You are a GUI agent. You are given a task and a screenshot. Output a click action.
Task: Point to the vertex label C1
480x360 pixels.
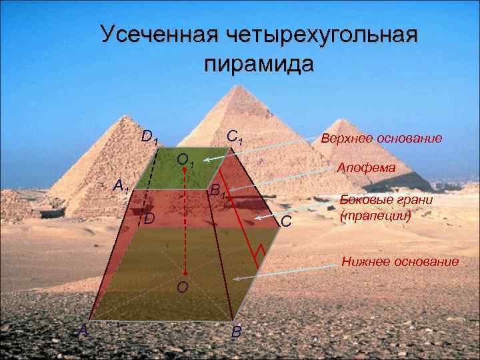(x=235, y=137)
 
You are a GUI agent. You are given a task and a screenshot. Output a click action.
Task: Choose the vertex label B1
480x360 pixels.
(x=219, y=193)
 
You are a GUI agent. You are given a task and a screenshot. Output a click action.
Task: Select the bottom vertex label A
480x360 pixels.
(x=83, y=329)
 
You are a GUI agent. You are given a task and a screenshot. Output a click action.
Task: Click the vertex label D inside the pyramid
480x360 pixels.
(x=149, y=219)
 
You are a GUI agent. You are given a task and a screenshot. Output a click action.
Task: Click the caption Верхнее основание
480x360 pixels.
(x=381, y=139)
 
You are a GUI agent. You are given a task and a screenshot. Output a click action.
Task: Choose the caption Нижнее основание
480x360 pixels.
(x=400, y=261)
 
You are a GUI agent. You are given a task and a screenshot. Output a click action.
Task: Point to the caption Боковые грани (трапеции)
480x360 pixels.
(x=377, y=208)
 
